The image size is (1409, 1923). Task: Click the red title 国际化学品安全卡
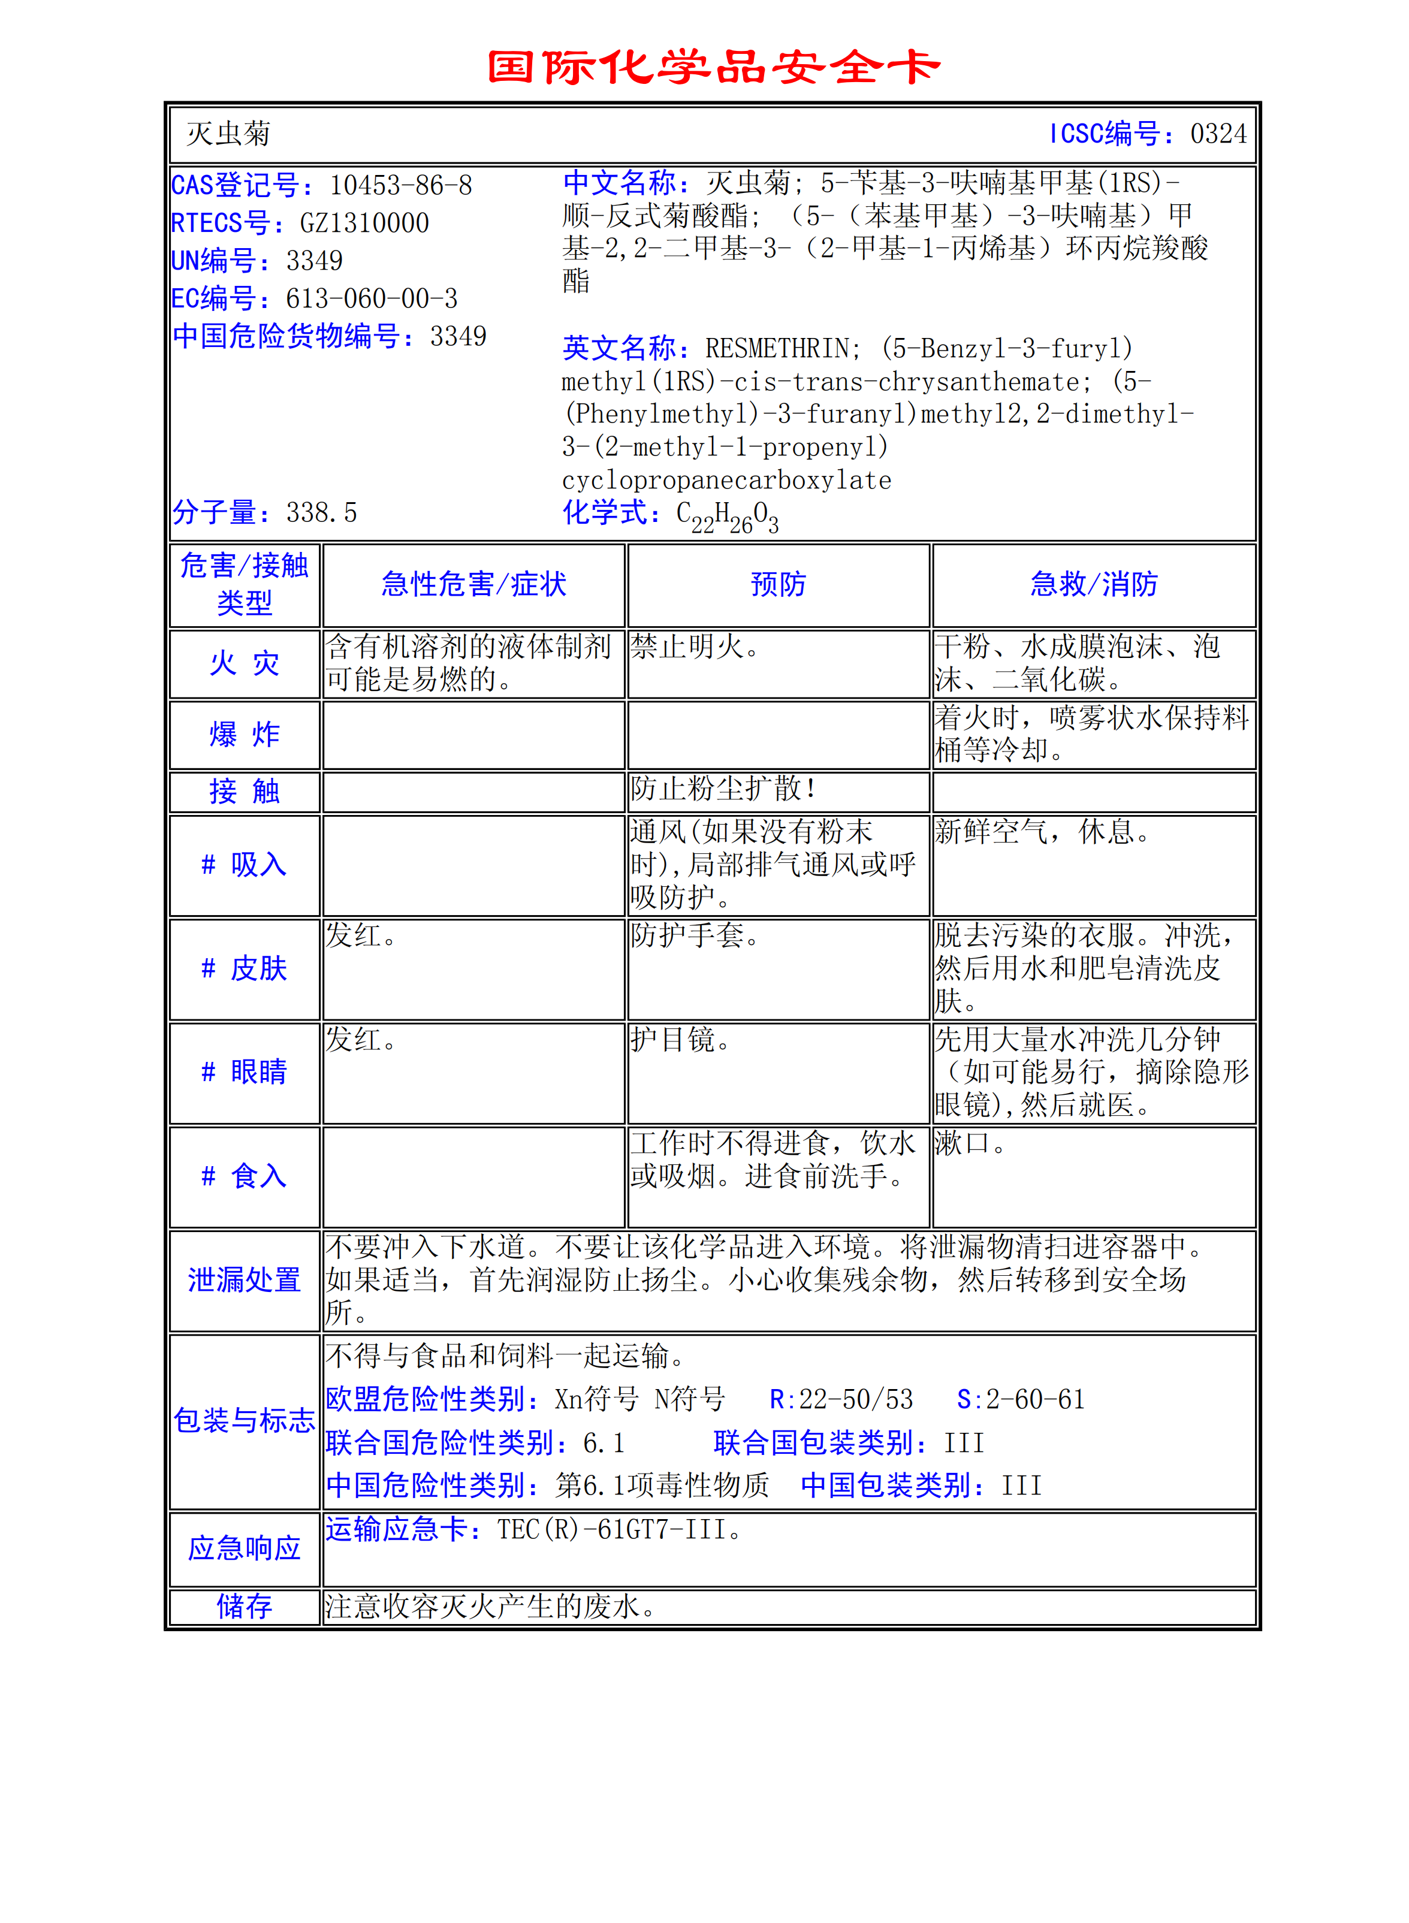pos(713,67)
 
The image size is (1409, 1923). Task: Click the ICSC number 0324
pos(1218,134)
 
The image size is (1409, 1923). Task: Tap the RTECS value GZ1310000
pos(364,224)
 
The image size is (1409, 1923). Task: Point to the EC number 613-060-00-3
pos(371,298)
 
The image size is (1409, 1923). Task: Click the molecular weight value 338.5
pos(322,512)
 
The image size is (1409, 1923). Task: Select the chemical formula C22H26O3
pos(727,516)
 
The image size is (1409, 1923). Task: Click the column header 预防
pos(778,584)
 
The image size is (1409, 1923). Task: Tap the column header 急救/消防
pos(1093,584)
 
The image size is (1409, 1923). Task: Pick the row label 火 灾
pos(245,663)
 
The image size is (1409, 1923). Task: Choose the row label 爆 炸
pos(245,734)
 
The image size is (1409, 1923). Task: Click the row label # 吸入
pos(245,865)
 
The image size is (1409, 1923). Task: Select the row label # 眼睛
pos(245,1072)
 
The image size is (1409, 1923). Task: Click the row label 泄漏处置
pos(245,1280)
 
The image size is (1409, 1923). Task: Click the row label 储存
pos(245,1607)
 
